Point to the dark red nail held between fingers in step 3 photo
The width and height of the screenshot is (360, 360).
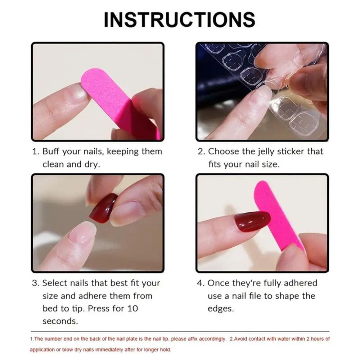102,208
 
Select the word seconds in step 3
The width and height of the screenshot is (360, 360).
60,321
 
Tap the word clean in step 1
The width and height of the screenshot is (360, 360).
53,164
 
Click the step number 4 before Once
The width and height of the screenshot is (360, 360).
200,283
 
